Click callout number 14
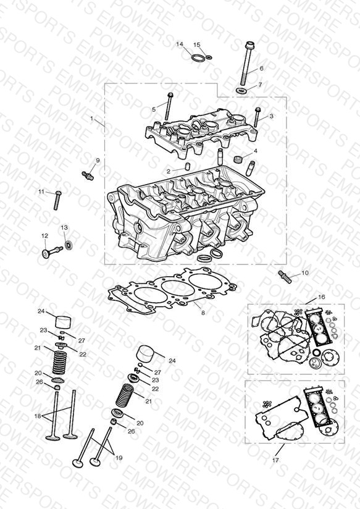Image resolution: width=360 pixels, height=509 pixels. [180, 44]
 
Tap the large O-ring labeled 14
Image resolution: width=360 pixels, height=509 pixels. [198, 59]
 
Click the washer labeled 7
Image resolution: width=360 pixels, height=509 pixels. [241, 90]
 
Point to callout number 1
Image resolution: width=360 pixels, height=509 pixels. [91, 119]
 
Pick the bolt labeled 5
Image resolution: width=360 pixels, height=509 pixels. [169, 106]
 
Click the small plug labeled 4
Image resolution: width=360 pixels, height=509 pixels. [238, 159]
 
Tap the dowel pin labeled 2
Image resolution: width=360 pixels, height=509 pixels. [187, 166]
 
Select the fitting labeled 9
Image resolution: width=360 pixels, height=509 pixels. [88, 175]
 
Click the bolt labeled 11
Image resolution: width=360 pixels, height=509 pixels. [58, 200]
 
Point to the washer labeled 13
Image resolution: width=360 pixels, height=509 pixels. [69, 245]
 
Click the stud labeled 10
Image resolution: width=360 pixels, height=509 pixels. [285, 277]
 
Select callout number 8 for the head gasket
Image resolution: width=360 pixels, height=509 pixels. [203, 313]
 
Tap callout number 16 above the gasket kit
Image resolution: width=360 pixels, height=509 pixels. [321, 297]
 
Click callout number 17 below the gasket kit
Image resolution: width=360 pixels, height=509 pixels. [275, 460]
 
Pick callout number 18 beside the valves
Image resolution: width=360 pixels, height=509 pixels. [38, 416]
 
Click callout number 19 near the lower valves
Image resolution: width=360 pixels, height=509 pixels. [119, 458]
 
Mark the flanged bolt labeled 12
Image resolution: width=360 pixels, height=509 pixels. [52, 252]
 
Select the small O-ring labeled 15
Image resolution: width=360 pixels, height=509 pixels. [209, 57]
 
